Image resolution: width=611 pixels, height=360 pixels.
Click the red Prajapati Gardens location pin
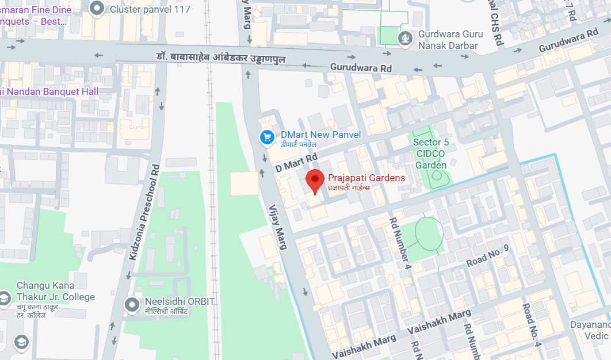(x=314, y=181)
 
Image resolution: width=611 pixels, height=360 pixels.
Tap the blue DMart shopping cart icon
(x=266, y=137)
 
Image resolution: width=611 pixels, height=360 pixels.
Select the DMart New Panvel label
(x=320, y=135)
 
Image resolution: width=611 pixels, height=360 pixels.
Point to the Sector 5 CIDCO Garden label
(x=430, y=154)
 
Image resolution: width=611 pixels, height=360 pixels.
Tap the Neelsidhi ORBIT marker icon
(x=133, y=304)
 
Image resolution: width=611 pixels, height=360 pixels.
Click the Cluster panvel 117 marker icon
(x=98, y=8)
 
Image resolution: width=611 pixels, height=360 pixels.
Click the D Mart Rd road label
(x=296, y=162)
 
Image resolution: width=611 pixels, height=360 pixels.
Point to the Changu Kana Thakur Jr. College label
(x=55, y=291)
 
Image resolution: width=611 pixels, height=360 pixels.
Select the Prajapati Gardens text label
(x=366, y=178)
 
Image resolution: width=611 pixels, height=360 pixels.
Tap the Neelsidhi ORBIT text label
(x=180, y=302)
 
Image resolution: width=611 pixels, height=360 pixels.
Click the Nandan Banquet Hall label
(x=52, y=91)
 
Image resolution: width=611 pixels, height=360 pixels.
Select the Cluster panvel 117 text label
(x=150, y=9)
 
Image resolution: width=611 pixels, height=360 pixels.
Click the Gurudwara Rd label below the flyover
(x=361, y=68)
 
